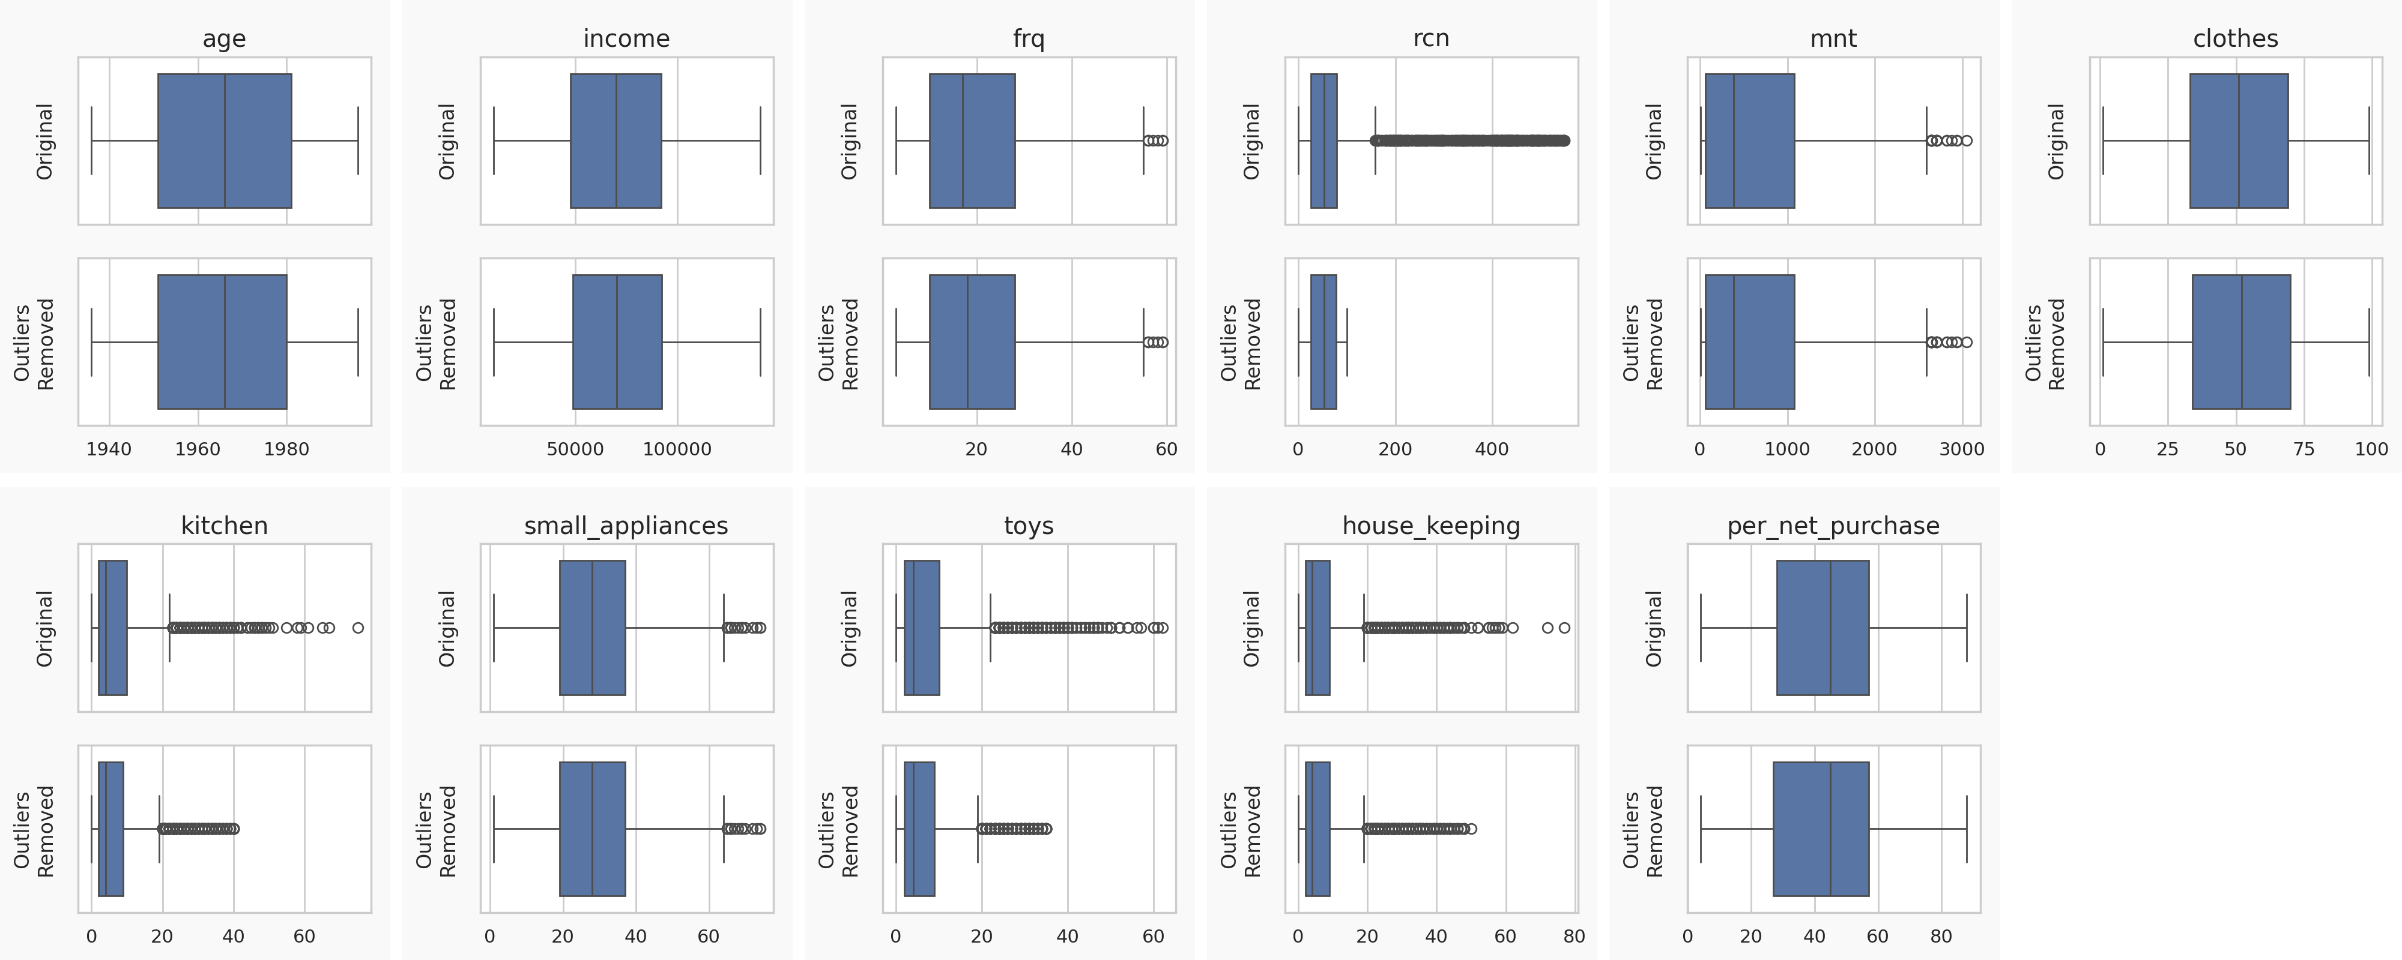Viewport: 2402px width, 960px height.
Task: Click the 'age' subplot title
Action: click(x=224, y=38)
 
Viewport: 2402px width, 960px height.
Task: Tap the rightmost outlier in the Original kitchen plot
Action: click(x=358, y=628)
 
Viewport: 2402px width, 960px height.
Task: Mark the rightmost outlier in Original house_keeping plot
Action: click(x=1565, y=628)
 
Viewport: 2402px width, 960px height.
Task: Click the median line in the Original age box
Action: click(x=225, y=141)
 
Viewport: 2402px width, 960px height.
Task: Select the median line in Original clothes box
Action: click(x=2238, y=141)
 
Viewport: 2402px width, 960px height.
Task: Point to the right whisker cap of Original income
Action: click(x=760, y=141)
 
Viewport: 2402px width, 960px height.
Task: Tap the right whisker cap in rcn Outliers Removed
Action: click(x=1346, y=342)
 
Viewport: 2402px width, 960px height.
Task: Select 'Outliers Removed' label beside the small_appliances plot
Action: click(x=435, y=830)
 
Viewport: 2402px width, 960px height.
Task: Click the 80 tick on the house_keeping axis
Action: click(x=1574, y=936)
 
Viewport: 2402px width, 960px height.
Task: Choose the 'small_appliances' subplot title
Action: click(x=626, y=526)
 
